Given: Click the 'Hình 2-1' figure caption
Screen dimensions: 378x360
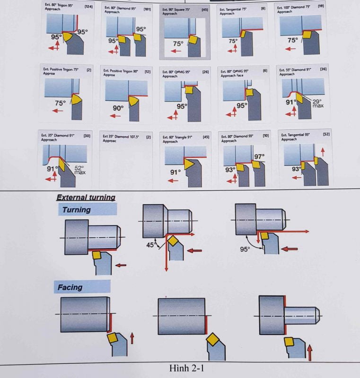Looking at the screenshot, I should coord(189,368).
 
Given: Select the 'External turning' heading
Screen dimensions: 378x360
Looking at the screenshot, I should coord(86,198).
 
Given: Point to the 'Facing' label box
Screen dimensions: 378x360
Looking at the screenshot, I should coord(84,287).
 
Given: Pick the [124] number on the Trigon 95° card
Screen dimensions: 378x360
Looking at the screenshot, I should coord(88,7).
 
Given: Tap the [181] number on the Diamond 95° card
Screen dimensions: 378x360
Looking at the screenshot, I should coord(147,9).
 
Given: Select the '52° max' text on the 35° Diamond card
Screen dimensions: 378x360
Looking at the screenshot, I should coord(79,170).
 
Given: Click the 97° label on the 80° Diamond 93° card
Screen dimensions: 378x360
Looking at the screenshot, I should coord(259,156).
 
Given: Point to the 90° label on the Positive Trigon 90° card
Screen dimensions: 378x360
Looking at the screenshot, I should coord(118,108).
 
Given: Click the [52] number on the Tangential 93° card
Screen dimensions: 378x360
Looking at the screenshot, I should coord(326,135).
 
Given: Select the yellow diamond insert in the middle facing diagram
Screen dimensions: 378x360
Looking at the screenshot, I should coord(211,340).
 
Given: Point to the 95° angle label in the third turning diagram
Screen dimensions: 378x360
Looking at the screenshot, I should coord(245,249).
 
